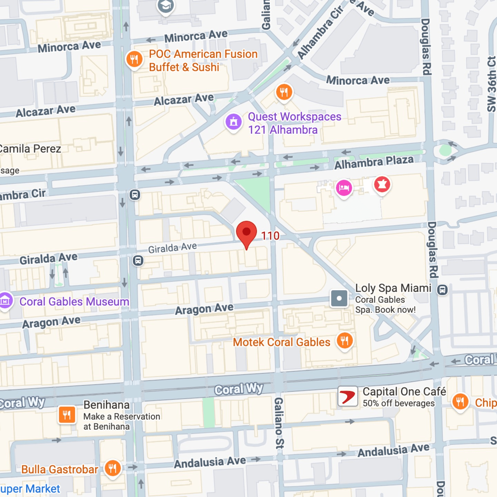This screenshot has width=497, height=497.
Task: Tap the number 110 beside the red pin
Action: coord(270,236)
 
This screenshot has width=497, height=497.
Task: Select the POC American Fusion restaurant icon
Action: coord(134,59)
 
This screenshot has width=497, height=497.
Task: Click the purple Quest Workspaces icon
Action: coord(234,122)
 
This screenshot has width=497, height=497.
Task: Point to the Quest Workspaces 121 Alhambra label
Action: coord(294,123)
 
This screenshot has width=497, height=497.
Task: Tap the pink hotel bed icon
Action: coord(344,188)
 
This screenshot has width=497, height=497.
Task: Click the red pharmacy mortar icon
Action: coord(382,185)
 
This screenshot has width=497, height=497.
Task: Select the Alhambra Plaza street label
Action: coord(374,162)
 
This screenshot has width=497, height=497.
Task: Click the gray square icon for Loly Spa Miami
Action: coord(339,298)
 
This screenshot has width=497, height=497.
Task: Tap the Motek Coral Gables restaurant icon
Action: coord(344,341)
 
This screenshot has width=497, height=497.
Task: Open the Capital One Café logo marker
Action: coord(348,397)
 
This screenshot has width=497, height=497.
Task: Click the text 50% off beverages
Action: coord(399,403)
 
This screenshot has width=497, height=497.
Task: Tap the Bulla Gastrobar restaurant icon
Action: coord(113,468)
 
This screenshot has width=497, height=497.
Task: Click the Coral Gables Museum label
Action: coord(74,302)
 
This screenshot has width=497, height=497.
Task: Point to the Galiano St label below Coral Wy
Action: coord(279,423)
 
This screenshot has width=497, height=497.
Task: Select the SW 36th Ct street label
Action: coord(491,84)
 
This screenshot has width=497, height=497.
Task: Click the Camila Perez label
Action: coord(30,149)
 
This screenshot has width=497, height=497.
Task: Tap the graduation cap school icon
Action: coord(166,6)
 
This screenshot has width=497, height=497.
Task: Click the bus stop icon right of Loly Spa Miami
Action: coord(442,290)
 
